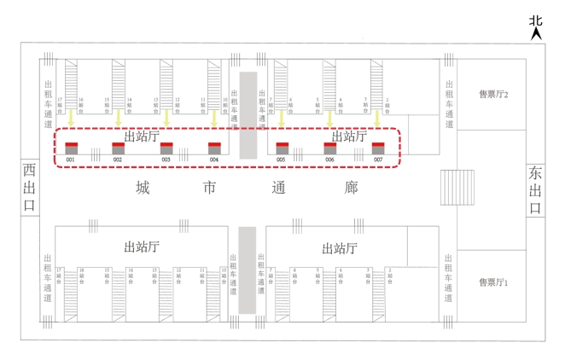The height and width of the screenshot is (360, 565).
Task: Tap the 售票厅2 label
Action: click(x=493, y=95)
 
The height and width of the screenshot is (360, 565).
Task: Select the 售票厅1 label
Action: click(x=493, y=282)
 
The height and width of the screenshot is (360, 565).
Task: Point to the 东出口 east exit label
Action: click(x=535, y=189)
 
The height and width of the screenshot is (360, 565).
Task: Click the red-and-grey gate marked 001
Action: click(x=72, y=148)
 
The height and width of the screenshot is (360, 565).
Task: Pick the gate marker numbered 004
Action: click(x=214, y=148)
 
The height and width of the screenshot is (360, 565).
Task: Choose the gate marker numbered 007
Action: click(x=378, y=148)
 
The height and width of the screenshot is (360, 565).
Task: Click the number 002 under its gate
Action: click(x=118, y=160)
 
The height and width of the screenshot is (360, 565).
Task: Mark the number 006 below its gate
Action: click(x=329, y=160)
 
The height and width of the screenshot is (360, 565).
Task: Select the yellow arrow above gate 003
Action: click(x=166, y=119)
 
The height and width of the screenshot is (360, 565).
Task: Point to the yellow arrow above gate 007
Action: click(x=376, y=119)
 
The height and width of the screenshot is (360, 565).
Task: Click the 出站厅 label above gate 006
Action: click(x=348, y=136)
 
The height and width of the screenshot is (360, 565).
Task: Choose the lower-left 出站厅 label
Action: click(x=142, y=247)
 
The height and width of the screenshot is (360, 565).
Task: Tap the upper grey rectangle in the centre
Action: click(x=248, y=115)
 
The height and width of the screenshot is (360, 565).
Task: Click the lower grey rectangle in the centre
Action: click(x=248, y=270)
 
